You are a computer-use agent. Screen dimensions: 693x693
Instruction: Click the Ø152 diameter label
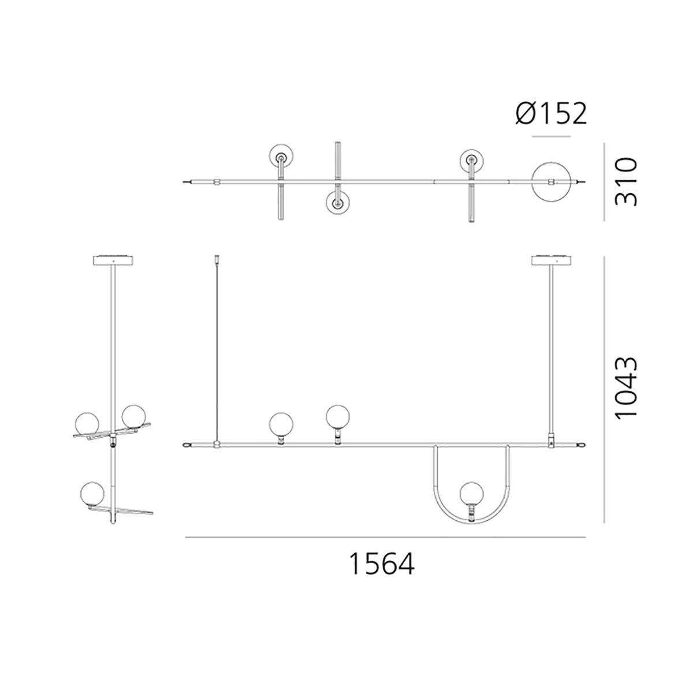tap(551, 114)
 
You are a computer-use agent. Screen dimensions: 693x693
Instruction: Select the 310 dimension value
tap(626, 181)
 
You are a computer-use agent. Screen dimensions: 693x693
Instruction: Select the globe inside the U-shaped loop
tap(472, 493)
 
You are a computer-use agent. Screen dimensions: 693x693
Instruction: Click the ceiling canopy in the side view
tap(114, 260)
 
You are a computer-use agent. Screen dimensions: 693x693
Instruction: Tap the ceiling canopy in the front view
tap(552, 260)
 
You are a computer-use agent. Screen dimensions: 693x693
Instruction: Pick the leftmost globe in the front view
tap(281, 424)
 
